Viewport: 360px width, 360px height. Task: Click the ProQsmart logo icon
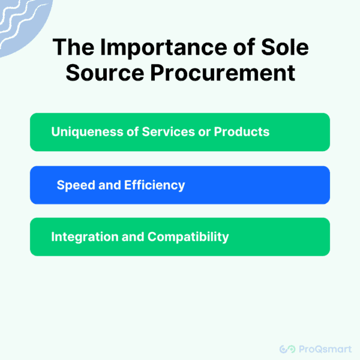point(289,348)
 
